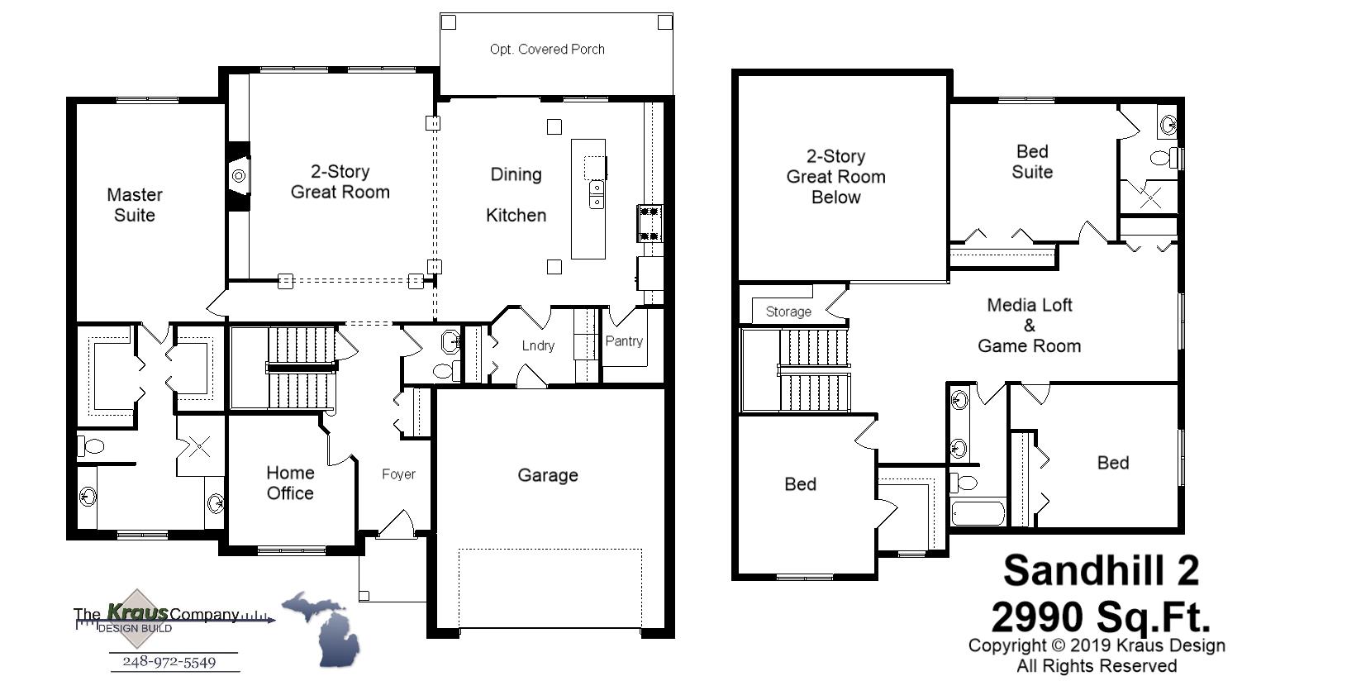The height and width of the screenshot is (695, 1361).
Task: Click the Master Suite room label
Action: (x=135, y=205)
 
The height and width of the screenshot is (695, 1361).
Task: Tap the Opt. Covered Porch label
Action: (x=547, y=50)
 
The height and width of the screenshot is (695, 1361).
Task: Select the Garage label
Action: (x=547, y=475)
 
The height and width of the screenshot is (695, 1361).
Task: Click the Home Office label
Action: (x=290, y=483)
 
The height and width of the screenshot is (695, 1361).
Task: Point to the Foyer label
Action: (x=398, y=474)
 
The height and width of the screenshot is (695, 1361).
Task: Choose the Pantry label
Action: (x=624, y=341)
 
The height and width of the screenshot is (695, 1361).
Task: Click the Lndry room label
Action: (x=538, y=346)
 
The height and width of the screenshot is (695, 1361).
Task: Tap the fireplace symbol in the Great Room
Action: (x=239, y=176)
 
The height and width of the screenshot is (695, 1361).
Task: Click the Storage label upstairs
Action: (x=788, y=312)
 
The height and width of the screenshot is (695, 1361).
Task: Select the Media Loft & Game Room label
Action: (x=1029, y=326)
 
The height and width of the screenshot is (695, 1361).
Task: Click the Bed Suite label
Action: (x=1032, y=162)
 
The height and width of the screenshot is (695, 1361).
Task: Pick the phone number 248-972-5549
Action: (x=169, y=662)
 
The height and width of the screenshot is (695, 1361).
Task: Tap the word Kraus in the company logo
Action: (x=137, y=612)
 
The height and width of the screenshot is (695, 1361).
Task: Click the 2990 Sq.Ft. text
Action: (x=1100, y=616)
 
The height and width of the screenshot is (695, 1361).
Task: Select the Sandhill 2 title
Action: (x=1101, y=570)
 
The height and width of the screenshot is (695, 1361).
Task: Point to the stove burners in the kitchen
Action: (x=650, y=223)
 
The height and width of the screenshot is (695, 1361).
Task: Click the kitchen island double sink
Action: (x=596, y=197)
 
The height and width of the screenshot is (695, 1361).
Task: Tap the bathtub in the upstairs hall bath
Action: (x=978, y=513)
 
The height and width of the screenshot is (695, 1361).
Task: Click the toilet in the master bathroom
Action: (x=92, y=447)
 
